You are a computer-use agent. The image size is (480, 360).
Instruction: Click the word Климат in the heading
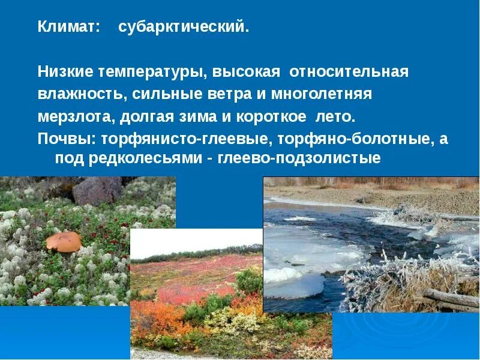point(65,28)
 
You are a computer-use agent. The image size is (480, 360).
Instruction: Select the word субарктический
point(183,28)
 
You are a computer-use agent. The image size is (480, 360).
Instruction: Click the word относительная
point(349,72)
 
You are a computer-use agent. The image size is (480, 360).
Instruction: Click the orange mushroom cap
point(64,241)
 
